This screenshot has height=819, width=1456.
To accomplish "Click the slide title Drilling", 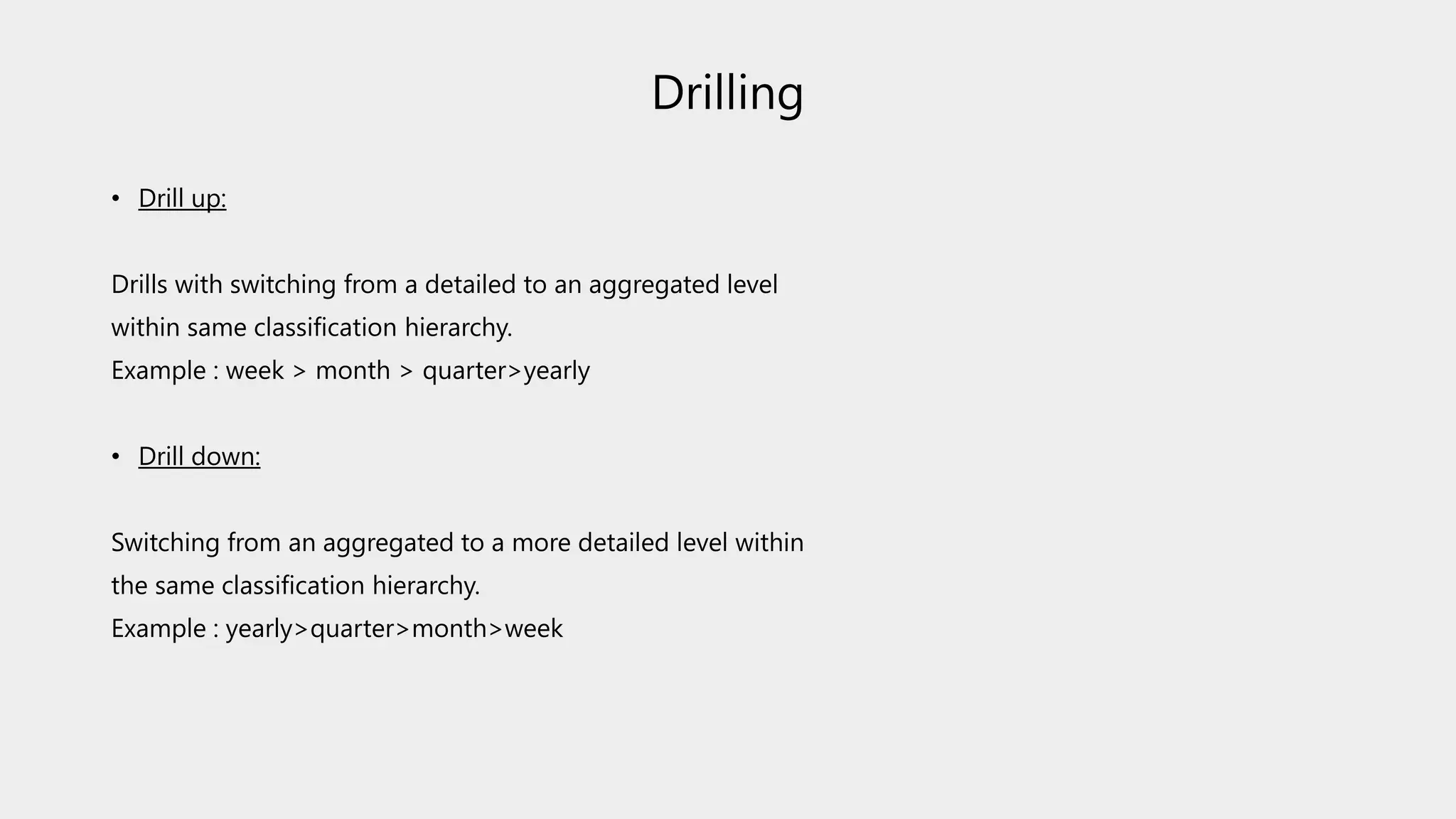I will point(727,93).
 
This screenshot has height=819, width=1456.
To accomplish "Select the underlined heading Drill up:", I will point(182,198).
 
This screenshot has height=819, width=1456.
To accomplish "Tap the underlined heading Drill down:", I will point(199,456).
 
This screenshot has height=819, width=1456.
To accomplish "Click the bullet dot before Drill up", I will point(116,199).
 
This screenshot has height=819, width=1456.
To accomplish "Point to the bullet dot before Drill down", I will point(116,457).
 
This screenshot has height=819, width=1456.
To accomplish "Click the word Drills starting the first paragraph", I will point(139,284).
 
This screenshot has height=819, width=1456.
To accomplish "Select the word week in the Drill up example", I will point(255,370).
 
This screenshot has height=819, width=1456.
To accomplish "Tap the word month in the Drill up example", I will point(353,370).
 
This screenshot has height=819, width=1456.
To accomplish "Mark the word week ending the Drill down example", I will point(533,628).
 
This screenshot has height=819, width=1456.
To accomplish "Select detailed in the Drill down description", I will point(623,542).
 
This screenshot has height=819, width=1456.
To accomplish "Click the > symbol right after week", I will point(299,371).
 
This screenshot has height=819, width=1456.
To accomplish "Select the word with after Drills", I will point(198,284).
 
